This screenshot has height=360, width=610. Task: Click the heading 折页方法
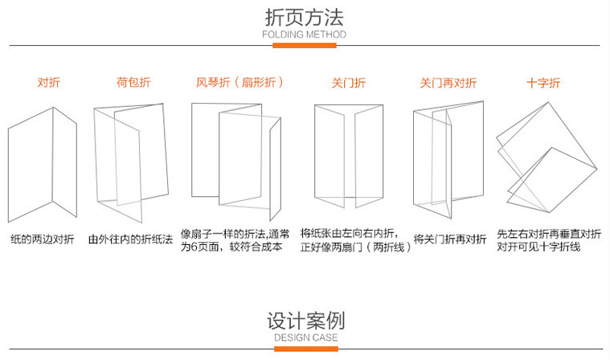[x=305, y=17]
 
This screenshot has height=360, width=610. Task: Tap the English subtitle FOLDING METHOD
[x=305, y=35]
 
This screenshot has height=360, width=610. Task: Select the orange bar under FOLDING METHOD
[x=305, y=46]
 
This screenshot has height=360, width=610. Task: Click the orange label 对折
[x=48, y=83]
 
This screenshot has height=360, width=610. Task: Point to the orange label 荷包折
[x=133, y=83]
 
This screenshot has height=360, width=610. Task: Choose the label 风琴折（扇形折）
[x=240, y=83]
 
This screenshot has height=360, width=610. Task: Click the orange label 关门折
[x=348, y=83]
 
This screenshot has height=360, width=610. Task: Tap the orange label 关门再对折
[x=448, y=83]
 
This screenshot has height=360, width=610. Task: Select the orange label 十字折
[x=543, y=83]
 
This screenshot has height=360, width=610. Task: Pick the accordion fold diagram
[x=237, y=161]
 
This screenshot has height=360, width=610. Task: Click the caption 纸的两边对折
[x=43, y=239]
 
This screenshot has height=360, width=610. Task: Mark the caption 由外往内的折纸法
[x=130, y=239]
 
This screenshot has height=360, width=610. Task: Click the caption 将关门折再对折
[x=450, y=239]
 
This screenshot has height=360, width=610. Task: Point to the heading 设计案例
[x=305, y=321]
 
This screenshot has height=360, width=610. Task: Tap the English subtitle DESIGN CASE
[x=305, y=338]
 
